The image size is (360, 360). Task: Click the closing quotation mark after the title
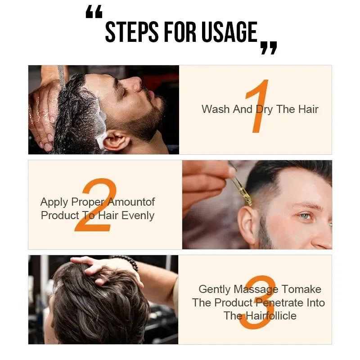(x=269, y=48)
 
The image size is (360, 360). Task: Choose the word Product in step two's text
(x=59, y=216)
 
